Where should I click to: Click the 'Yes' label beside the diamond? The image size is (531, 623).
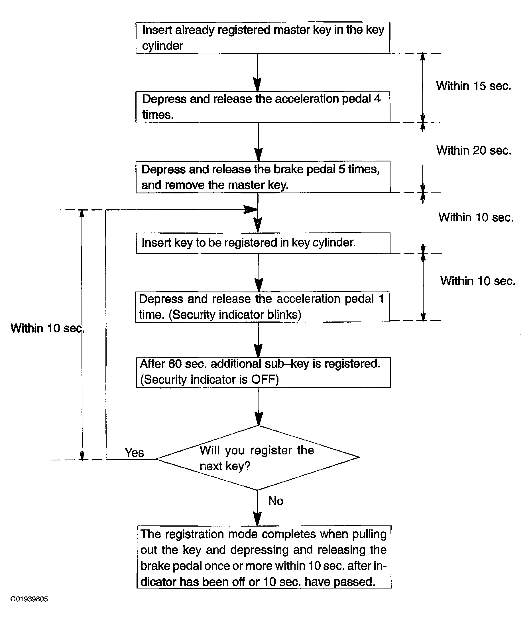pyautogui.click(x=134, y=453)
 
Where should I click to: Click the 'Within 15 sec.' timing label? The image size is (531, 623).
pyautogui.click(x=474, y=86)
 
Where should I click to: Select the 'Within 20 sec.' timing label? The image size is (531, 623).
pyautogui.click(x=474, y=150)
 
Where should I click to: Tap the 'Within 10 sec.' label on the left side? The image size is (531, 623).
pyautogui.click(x=48, y=328)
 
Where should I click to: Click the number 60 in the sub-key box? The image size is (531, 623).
pyautogui.click(x=175, y=364)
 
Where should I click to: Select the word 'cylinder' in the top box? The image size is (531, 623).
pyautogui.click(x=162, y=46)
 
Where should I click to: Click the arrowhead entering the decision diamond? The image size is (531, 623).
pyautogui.click(x=259, y=419)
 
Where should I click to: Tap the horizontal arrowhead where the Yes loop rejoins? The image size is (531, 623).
pyautogui.click(x=250, y=210)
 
